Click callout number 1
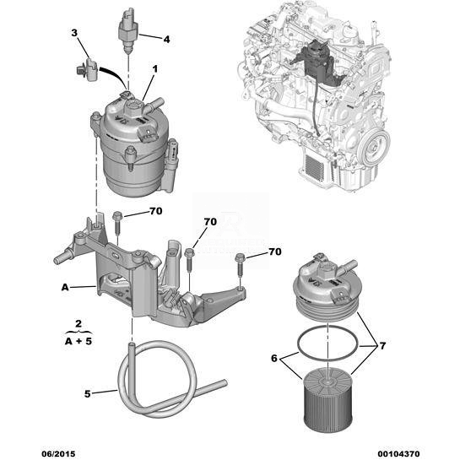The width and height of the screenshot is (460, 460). [155, 69]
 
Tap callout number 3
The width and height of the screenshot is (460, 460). [74, 33]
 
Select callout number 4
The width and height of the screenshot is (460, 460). [166, 39]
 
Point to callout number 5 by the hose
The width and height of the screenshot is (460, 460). [87, 393]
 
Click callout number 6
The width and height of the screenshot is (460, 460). [274, 358]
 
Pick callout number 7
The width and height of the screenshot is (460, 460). [382, 346]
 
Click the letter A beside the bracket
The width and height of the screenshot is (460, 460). [65, 287]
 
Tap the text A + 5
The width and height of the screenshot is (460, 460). [78, 341]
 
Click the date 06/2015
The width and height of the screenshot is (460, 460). [58, 453]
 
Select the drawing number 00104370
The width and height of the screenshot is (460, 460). [398, 453]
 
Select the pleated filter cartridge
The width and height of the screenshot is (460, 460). [327, 401]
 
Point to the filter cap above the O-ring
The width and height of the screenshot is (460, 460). [327, 288]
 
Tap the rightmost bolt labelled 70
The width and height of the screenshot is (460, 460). [241, 267]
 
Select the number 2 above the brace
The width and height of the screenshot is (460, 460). [78, 324]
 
